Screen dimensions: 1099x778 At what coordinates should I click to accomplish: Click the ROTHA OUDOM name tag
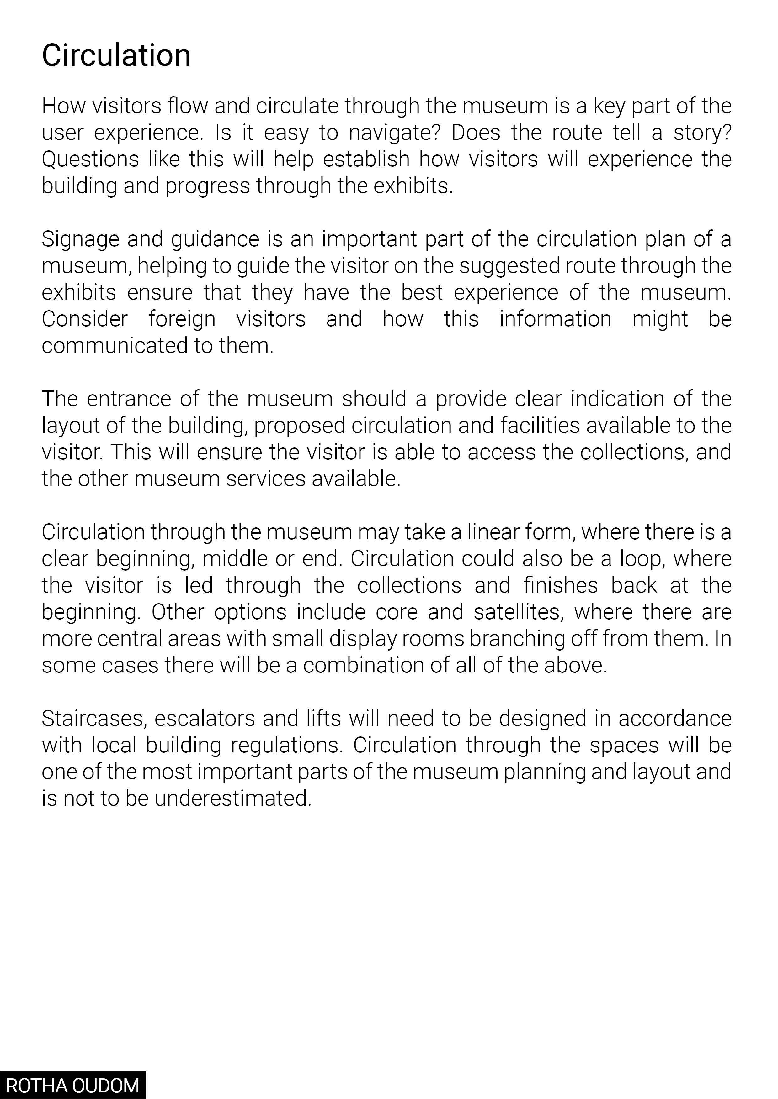(x=72, y=1085)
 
